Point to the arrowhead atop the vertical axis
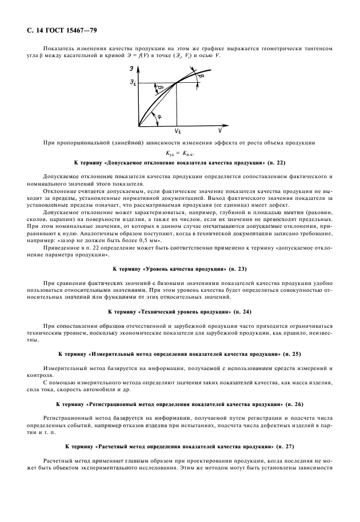[x=138, y=66]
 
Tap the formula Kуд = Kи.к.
[x=180, y=153]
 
